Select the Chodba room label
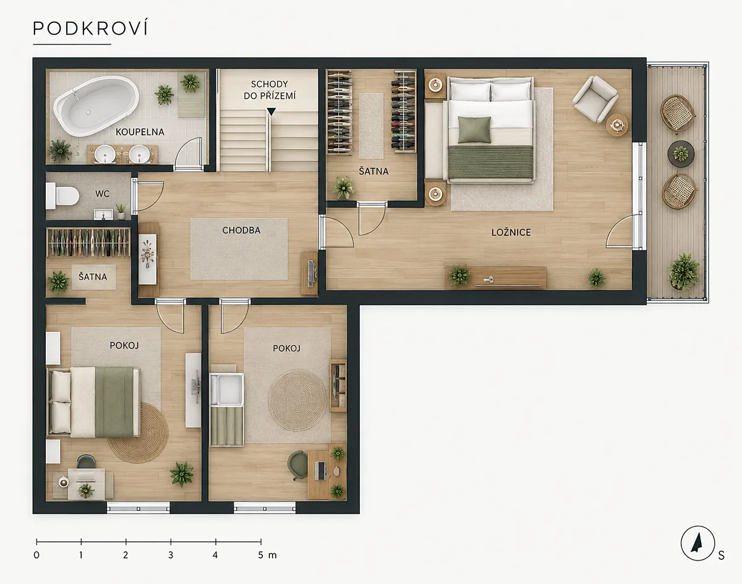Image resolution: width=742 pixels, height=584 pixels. coord(241,231)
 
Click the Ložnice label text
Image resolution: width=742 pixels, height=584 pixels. coord(511,232)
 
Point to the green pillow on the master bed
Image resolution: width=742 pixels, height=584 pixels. coord(474,130)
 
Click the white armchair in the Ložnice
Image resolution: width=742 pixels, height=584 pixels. coord(595,99)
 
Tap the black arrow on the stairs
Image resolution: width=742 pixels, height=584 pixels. coord(271,112)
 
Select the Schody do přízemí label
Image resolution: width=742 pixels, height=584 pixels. coord(270,90)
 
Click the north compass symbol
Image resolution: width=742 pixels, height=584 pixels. coord(697,543)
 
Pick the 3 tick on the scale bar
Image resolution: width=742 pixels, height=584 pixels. coord(171,541)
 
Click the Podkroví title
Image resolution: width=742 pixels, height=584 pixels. coord(90,28)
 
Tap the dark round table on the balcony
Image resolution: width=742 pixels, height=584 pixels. coord(681,154)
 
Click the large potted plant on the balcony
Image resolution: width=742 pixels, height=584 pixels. coord(684,272)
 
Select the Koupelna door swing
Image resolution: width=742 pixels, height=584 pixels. coord(188,152)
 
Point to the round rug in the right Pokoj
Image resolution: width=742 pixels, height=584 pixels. coord(297,400)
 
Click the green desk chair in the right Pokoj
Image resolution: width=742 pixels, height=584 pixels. coord(297,465)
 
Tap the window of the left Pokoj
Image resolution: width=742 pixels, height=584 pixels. coord(139,507)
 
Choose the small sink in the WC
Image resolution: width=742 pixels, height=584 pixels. coord(103,214)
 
